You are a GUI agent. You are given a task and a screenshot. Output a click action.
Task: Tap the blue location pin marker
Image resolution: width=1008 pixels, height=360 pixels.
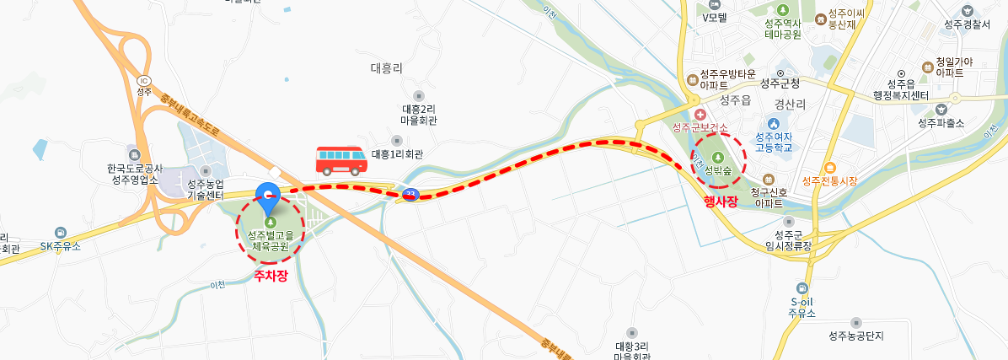click(268, 198)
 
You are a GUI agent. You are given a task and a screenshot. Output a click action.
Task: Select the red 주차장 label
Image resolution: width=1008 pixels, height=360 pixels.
click(271, 275)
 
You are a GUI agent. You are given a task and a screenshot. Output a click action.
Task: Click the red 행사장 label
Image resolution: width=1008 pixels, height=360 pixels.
click(721, 201)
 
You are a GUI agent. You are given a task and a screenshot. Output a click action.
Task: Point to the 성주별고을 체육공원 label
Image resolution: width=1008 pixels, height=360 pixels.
click(271, 240)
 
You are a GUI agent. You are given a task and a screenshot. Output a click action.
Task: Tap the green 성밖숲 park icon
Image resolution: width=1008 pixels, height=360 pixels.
click(717, 157)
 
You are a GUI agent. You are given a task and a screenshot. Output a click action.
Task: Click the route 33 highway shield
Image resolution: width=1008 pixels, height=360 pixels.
click(410, 195)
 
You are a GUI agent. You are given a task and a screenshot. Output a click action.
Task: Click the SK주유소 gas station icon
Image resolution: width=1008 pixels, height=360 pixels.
click(60, 233)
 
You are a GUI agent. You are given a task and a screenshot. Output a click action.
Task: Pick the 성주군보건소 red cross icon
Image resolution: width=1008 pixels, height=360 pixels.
click(700, 114)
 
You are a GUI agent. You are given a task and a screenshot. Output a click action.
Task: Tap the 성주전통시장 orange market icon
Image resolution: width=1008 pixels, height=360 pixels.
click(830, 168)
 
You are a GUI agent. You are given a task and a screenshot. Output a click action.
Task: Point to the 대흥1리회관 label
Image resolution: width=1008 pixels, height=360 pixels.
click(397, 154)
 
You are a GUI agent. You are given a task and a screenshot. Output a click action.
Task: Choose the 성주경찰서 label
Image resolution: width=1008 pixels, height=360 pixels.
click(967, 24)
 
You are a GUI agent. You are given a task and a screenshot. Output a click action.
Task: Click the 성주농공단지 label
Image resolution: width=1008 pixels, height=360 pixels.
click(857, 336)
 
